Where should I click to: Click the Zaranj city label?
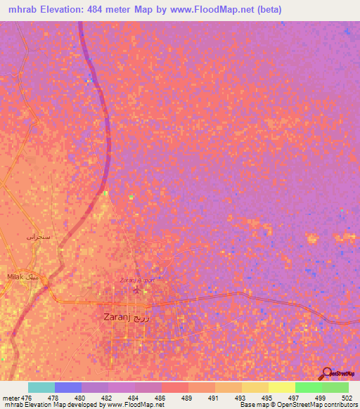click(x=131, y=317)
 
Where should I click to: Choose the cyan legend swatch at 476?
click(x=41, y=387)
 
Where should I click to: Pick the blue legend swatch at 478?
click(x=67, y=387)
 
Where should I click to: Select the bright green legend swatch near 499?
click(x=308, y=387)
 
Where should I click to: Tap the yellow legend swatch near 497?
click(x=281, y=387)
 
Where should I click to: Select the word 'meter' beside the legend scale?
click(x=11, y=398)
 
